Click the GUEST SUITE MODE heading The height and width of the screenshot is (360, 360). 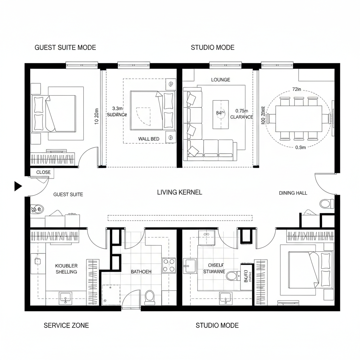coord(65,47)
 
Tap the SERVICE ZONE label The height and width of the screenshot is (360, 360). coord(66,325)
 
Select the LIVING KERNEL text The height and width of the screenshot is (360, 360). coord(179,192)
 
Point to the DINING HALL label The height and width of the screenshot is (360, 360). coord(293,193)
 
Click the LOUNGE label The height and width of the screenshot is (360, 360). coord(220,80)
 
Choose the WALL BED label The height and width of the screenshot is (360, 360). coord(148,139)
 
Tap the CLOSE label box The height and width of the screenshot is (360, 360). coord(43,172)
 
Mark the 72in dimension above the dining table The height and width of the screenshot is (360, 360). coord(297,89)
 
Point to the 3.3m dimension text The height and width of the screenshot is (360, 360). coord(117,109)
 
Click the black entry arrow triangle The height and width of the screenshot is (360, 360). coord(18,186)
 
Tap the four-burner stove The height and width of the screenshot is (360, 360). coord(169,265)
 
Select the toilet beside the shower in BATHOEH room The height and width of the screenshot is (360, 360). coord(149,297)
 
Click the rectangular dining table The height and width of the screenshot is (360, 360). coord(298,118)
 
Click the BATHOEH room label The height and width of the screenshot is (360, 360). coord(141,272)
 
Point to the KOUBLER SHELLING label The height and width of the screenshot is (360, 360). coord(66,269)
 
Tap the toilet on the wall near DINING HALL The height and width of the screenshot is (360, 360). coord(327,204)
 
